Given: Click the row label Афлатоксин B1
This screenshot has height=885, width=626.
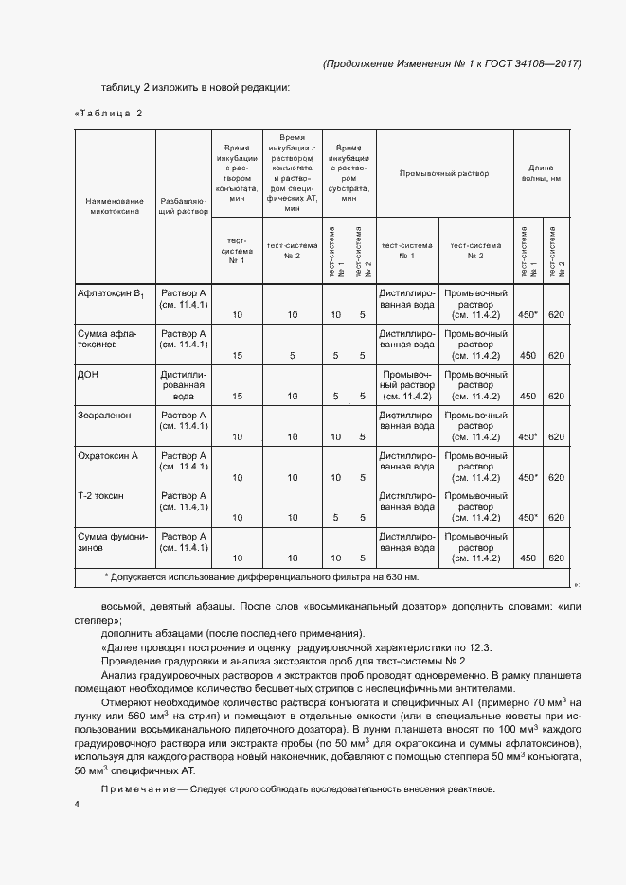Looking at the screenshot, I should pos(111,294).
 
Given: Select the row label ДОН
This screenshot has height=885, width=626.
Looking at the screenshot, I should pos(88,374).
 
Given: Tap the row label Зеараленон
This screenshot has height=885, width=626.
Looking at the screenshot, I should pos(104,415).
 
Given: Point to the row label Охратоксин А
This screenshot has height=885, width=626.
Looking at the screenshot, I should pos(107,455).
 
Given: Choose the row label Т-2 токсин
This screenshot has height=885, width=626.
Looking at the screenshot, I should pos(100,496).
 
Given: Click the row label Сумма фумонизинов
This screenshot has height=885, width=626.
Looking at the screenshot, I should pos(113,542).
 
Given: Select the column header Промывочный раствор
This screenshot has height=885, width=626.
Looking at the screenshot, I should pos(444,174).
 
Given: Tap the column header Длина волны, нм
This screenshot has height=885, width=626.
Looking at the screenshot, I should pos(542,173).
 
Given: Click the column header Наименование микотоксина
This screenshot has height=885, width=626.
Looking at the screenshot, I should pos(114,207).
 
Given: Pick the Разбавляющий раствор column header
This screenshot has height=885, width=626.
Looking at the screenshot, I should pos(184,207).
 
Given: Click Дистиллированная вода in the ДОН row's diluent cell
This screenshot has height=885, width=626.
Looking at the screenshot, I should pos(184,385).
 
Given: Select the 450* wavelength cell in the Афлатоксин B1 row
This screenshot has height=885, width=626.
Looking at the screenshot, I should pos(528,314).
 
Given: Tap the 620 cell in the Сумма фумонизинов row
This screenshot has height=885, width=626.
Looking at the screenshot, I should pos(556,558).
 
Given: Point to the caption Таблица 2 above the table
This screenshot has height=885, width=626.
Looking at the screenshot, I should pos(108,115).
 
